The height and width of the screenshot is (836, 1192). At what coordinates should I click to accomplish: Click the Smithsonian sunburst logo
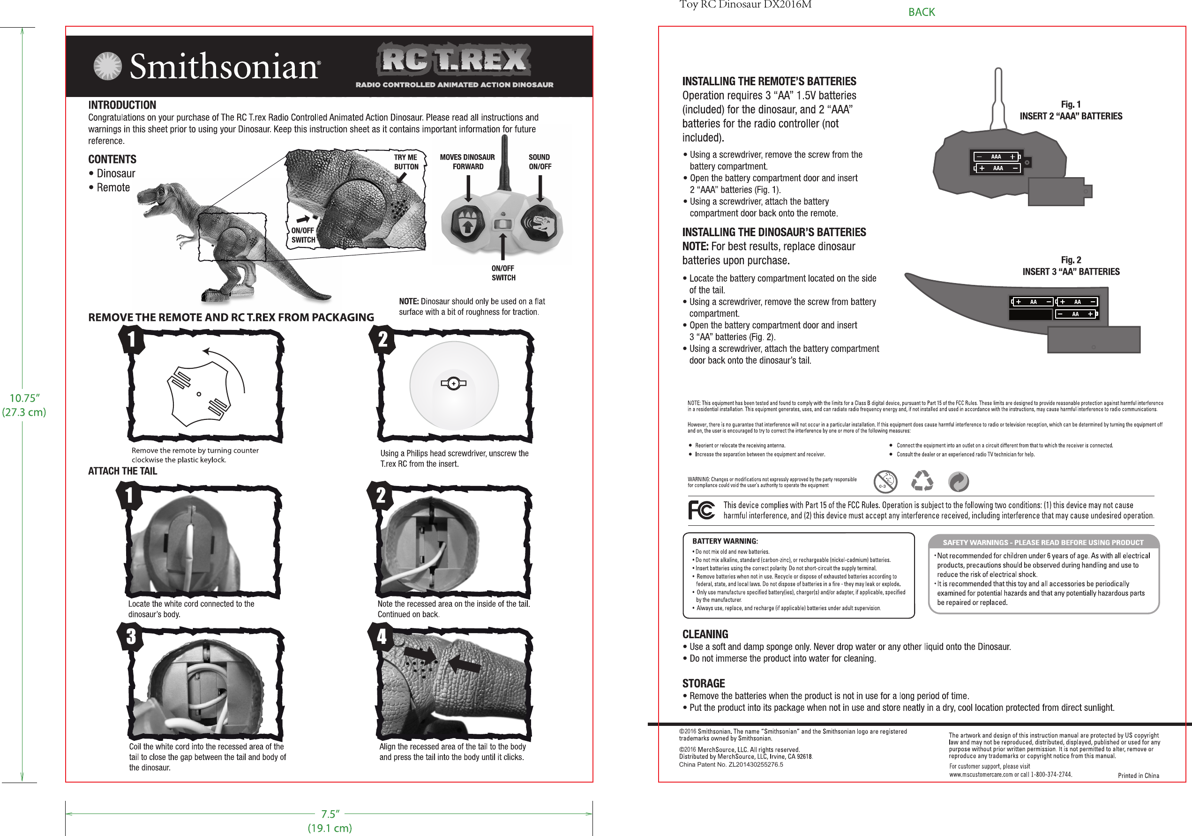[x=107, y=67]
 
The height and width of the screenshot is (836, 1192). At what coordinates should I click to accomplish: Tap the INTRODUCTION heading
[x=122, y=105]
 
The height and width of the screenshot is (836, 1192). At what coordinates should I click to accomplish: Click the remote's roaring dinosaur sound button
[x=541, y=224]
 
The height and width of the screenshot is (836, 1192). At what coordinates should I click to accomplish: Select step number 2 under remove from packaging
[x=382, y=340]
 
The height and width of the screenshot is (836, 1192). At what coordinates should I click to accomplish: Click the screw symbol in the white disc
[x=454, y=383]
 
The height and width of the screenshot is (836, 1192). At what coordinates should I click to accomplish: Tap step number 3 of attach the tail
[x=131, y=636]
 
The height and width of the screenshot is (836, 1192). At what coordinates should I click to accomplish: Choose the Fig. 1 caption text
[x=1071, y=110]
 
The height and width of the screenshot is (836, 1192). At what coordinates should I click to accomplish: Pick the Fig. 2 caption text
[x=1071, y=266]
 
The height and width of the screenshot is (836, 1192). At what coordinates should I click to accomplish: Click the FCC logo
[x=701, y=510]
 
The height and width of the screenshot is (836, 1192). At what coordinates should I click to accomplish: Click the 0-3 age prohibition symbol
[x=885, y=482]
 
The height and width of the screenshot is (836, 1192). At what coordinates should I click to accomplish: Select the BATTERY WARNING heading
[x=725, y=541]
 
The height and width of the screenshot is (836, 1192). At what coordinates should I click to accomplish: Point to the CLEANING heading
[x=705, y=634]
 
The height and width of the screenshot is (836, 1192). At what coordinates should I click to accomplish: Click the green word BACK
[x=921, y=12]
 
